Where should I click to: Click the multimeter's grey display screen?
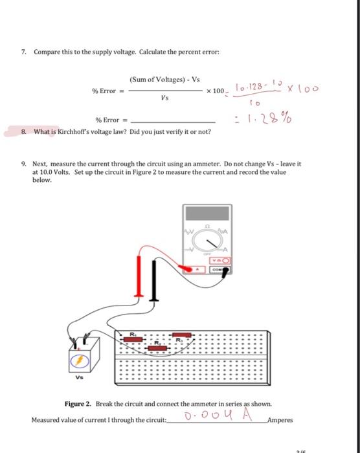pos(207,214)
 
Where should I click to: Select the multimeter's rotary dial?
pos(208,240)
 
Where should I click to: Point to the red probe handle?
pos(139,276)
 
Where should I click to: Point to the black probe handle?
pos(154,280)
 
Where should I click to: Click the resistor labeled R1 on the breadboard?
pos(133,339)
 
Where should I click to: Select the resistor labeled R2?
pos(157,348)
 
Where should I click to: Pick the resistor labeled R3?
pos(182,335)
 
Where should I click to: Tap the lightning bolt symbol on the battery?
pos(79,360)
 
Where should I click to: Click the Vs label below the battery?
pos(79,377)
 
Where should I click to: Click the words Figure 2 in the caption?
pos(78,404)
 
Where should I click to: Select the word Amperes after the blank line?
pos(280,420)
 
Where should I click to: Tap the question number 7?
pos(23,52)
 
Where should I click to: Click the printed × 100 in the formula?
pos(216,91)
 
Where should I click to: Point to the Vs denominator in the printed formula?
pos(165,98)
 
